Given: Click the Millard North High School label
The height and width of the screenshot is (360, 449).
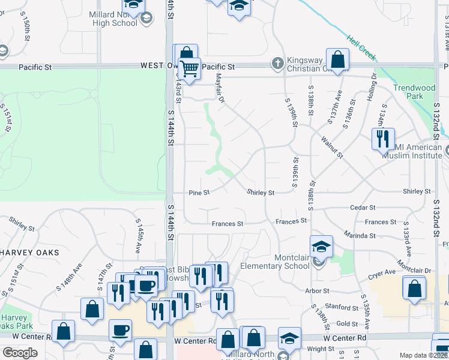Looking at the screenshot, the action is tap(114, 18).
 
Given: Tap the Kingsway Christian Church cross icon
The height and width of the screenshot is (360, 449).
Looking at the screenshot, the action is tap(277, 62).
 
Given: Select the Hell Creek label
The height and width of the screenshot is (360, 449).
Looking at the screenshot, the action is tap(361, 47).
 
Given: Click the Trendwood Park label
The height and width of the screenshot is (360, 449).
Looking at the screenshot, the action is tap(414, 92).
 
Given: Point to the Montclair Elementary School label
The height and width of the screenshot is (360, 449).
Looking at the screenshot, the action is tap(274, 262).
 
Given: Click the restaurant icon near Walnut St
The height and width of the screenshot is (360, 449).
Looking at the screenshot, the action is tap(382, 139).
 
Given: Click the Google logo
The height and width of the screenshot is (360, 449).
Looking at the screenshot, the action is tap(20, 353).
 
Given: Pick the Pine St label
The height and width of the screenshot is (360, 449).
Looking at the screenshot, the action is tap(199, 193).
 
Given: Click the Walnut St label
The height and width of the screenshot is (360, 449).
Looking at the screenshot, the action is tap(331, 147).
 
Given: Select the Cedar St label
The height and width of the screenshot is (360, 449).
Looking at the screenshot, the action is tap(363, 208).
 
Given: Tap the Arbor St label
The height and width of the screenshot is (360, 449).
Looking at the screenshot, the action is tap(317, 291).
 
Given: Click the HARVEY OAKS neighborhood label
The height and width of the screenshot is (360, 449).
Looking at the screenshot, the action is tap(30, 253).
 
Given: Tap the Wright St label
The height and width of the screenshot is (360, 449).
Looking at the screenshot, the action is tap(320, 348).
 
